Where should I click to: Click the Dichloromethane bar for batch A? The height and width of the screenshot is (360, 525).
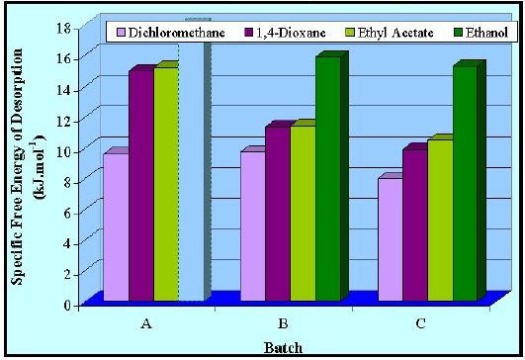116,227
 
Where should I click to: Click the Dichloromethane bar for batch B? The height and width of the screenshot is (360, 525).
251,226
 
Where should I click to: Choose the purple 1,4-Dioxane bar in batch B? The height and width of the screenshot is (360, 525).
276,214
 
